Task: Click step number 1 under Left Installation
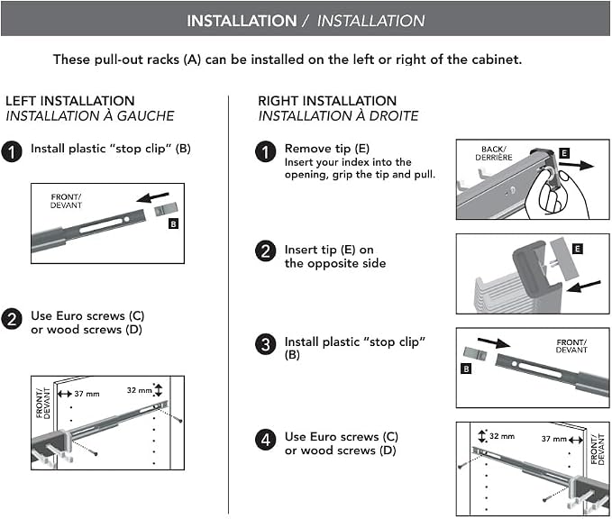coord(12,151)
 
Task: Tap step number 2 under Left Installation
coord(12,319)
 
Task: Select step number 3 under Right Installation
coord(266,345)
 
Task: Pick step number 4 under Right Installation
coord(266,441)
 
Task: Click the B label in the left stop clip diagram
coord(173,224)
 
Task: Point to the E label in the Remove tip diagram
coord(564,153)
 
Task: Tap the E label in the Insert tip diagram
coord(577,249)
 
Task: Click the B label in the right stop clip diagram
coord(466,369)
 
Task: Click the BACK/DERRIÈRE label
coord(494,153)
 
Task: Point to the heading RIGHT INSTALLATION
coord(327,101)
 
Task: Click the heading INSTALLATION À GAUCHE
coord(90,116)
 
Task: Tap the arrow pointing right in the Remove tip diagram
coord(576,165)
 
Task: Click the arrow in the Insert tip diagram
coord(583,287)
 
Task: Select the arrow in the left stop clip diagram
coord(152,197)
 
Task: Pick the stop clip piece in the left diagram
coord(166,210)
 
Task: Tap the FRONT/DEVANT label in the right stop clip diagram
coord(571,346)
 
